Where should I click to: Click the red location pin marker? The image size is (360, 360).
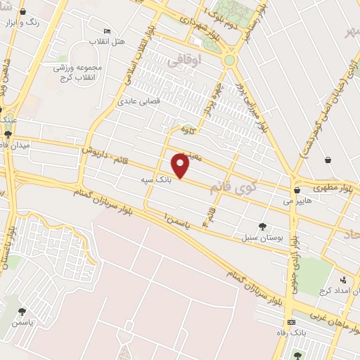pyautogui.click(x=181, y=166)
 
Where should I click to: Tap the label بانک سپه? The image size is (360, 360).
pyautogui.click(x=155, y=181)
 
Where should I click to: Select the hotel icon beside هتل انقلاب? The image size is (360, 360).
pyautogui.click(x=107, y=32)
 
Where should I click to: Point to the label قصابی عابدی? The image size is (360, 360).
pyautogui.click(x=163, y=101)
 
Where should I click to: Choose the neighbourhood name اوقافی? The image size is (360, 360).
pyautogui.click(x=186, y=62)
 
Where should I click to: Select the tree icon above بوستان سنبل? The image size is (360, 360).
pyautogui.click(x=262, y=226)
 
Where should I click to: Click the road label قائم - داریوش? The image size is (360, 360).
pyautogui.click(x=101, y=149)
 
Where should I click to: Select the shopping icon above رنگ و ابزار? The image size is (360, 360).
pyautogui.click(x=23, y=12)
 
